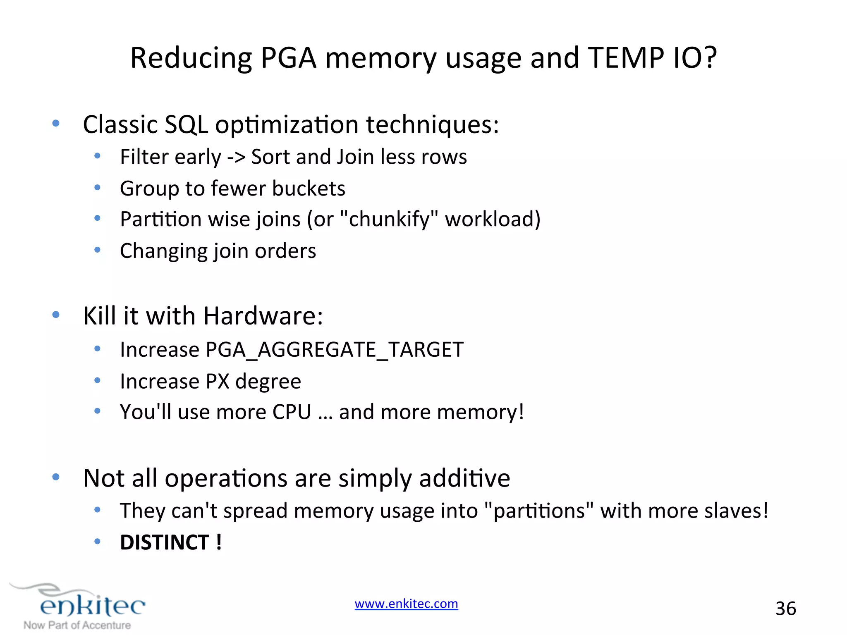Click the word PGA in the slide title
(288, 58)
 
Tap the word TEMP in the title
(626, 58)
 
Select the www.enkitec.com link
(406, 604)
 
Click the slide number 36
(785, 609)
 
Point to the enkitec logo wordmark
(92, 606)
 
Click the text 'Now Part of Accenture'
(77, 625)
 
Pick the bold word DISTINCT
(165, 542)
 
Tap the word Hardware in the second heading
(263, 316)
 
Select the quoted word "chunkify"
(389, 219)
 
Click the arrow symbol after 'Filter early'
(236, 157)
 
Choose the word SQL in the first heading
(186, 124)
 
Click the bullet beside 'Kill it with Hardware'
(56, 315)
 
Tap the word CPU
(292, 412)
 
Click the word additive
(464, 478)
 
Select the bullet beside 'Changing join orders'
(97, 250)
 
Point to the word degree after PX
(268, 382)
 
